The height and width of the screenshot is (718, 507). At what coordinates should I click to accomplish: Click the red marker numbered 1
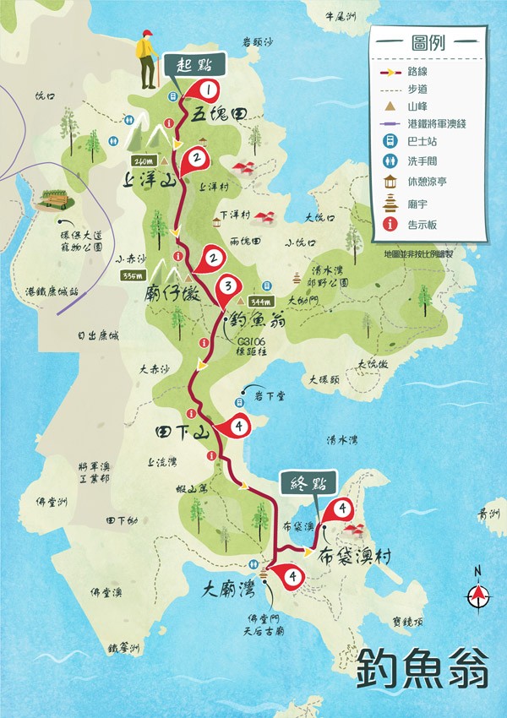point(207,88)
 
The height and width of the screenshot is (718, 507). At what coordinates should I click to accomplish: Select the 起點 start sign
point(195,64)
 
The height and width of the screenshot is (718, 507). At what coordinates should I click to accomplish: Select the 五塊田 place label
point(218,117)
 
